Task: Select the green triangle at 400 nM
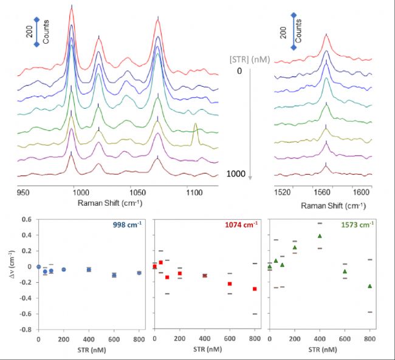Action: pyautogui.click(x=320, y=236)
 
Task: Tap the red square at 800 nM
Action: pyautogui.click(x=255, y=289)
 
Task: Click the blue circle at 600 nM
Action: pyautogui.click(x=114, y=275)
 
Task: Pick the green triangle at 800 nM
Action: pyautogui.click(x=369, y=286)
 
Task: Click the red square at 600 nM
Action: pyautogui.click(x=230, y=284)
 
